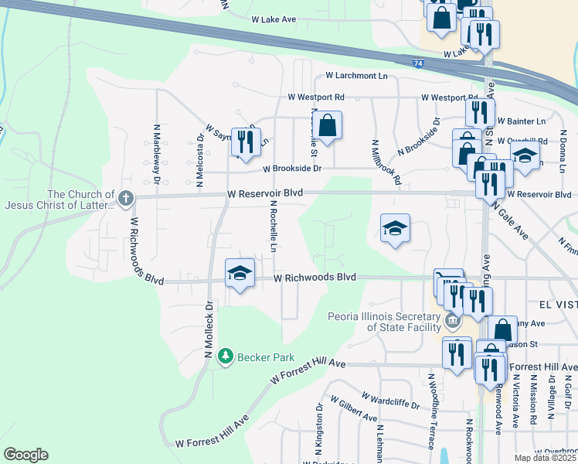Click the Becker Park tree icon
pyautogui.click(x=225, y=357)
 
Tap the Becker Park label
pyautogui.click(x=258, y=357)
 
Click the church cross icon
pyautogui.click(x=126, y=199)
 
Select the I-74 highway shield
pyautogui.click(x=417, y=67)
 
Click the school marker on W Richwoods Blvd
pyautogui.click(x=240, y=273)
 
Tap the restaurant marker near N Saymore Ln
pyautogui.click(x=246, y=141)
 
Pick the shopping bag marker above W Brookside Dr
pyautogui.click(x=328, y=125)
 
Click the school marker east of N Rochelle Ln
pyautogui.click(x=394, y=228)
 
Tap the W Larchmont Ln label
pyautogui.click(x=356, y=76)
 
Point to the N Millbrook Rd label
pyautogui.click(x=387, y=162)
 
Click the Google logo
pyautogui.click(x=25, y=455)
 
